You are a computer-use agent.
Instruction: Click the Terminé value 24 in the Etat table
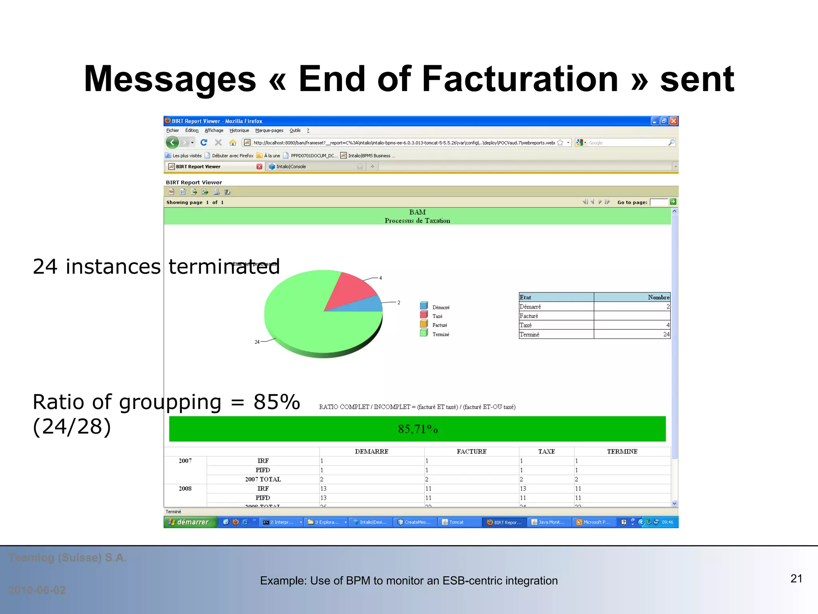[x=666, y=334]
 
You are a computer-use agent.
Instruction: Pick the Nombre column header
[x=658, y=297]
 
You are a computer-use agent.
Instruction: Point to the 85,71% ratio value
[x=417, y=429]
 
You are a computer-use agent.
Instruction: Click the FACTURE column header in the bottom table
[x=471, y=451]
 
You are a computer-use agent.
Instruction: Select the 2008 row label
[x=185, y=488]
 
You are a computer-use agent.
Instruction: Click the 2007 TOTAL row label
[x=263, y=479]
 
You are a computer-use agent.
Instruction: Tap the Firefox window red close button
[x=673, y=121]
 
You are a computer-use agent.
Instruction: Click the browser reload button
[x=204, y=142]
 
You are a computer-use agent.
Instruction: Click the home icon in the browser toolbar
[x=232, y=142]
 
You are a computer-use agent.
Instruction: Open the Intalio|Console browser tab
[x=291, y=167]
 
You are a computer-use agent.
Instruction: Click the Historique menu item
[x=239, y=130]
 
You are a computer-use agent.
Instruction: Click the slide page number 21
[x=796, y=578]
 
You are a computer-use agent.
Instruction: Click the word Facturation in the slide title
[x=520, y=79]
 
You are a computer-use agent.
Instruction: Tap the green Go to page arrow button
[x=673, y=202]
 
